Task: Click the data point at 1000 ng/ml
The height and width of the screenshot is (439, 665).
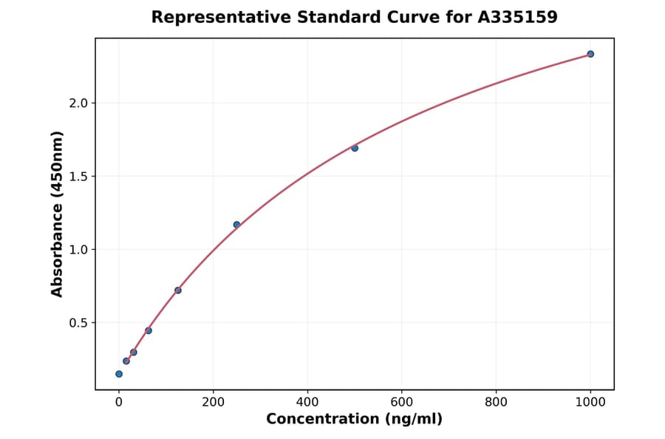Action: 590,54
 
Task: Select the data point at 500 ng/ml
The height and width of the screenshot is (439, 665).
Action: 355,148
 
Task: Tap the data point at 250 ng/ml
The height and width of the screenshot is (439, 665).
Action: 236,225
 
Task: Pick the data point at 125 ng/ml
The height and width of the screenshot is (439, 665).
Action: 178,290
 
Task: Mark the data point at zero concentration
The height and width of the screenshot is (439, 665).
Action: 119,374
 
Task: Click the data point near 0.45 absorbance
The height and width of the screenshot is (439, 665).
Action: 149,330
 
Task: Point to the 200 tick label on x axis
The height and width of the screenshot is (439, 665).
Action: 213,401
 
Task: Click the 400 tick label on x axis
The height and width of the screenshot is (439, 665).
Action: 307,401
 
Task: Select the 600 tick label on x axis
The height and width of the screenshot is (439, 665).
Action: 402,401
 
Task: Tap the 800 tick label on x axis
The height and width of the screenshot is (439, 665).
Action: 496,401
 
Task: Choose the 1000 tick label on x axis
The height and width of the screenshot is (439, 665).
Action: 590,401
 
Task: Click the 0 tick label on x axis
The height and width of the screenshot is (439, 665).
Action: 119,401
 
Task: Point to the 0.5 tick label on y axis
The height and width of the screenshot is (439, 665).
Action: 78,323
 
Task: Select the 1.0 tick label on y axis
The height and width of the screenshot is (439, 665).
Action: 78,250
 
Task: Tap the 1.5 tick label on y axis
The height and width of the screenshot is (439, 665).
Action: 78,177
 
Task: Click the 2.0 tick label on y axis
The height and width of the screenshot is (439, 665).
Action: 78,103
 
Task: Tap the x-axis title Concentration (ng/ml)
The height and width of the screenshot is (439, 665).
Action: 354,420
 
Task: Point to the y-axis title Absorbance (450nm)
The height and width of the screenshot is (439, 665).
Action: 58,214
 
